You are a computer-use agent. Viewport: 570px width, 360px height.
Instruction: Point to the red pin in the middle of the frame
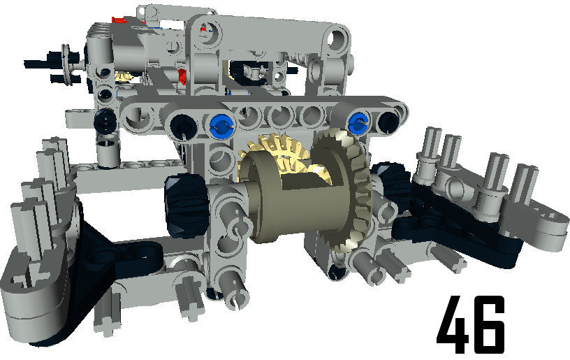point(183,76)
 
